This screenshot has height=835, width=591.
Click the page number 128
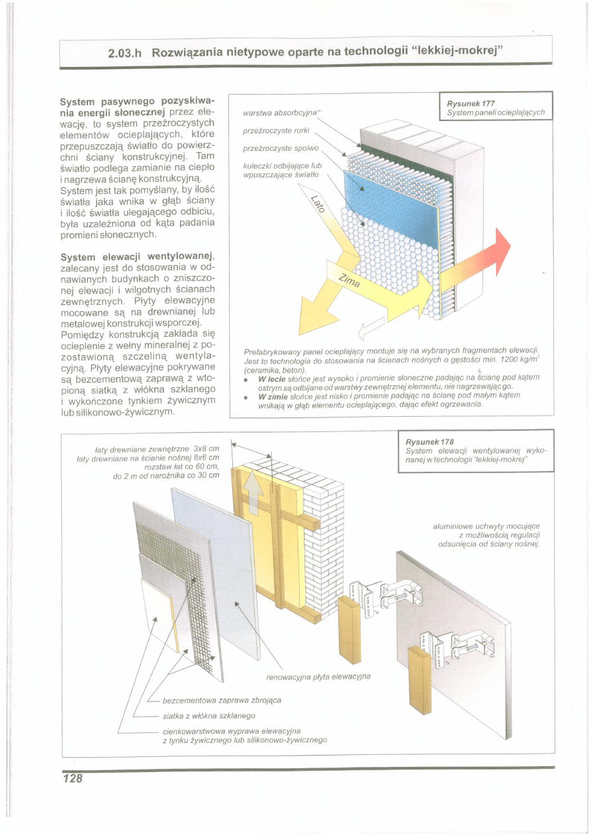click(x=73, y=779)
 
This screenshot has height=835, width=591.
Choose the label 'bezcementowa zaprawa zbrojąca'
click(x=222, y=700)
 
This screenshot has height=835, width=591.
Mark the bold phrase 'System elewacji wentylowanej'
click(x=136, y=257)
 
